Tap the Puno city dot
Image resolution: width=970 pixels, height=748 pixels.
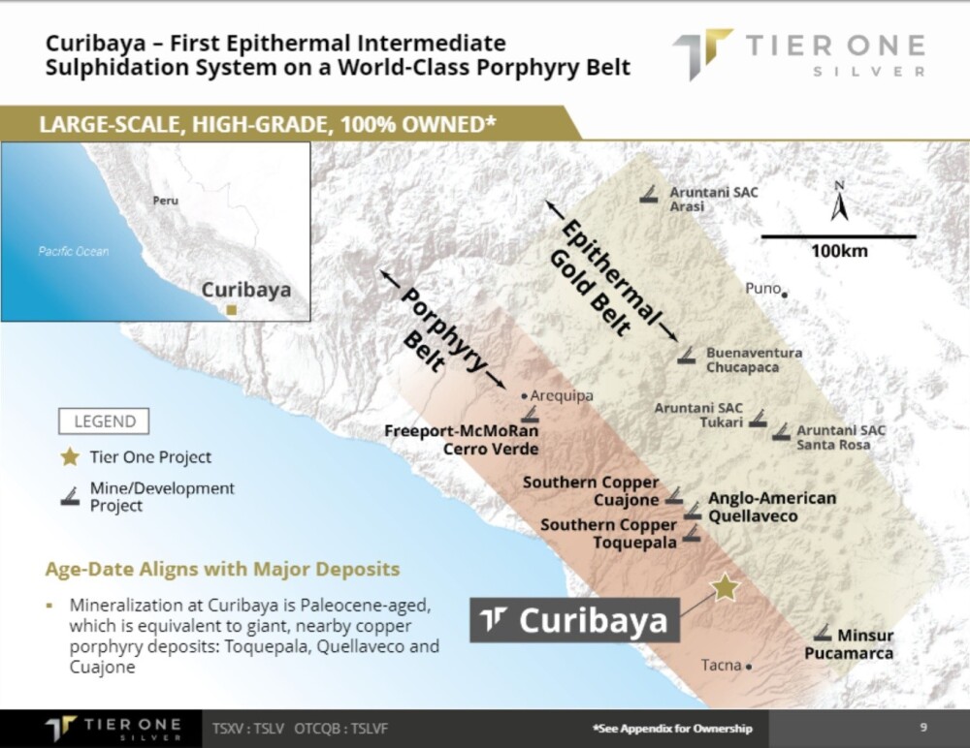coord(785,295)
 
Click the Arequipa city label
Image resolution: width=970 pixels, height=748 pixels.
coord(562,395)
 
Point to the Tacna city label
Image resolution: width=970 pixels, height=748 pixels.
coord(722,666)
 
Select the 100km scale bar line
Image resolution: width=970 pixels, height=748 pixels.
coord(838,236)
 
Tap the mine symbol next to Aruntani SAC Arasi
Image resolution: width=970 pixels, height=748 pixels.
coord(649,195)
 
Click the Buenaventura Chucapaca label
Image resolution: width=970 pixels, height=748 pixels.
coord(754,359)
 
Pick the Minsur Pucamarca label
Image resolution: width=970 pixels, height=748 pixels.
coord(849,644)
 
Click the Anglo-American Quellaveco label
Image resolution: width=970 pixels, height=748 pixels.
coord(772,507)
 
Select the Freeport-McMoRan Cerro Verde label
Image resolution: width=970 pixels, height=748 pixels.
coord(462,440)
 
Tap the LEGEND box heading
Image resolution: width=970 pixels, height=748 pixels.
coord(104,421)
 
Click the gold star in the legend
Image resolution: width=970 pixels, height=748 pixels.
coord(69,456)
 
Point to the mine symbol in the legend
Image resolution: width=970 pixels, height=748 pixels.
coord(70,496)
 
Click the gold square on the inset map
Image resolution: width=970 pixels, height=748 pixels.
coord(231,310)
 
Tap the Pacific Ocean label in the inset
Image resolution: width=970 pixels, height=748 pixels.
coord(74,252)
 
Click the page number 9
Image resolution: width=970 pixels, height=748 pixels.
coord(923,727)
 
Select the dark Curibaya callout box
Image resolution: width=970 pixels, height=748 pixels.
coord(574,620)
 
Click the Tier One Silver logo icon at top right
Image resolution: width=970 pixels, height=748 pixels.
coord(701,54)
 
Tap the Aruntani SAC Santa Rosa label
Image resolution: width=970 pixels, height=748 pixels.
coord(840,437)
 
